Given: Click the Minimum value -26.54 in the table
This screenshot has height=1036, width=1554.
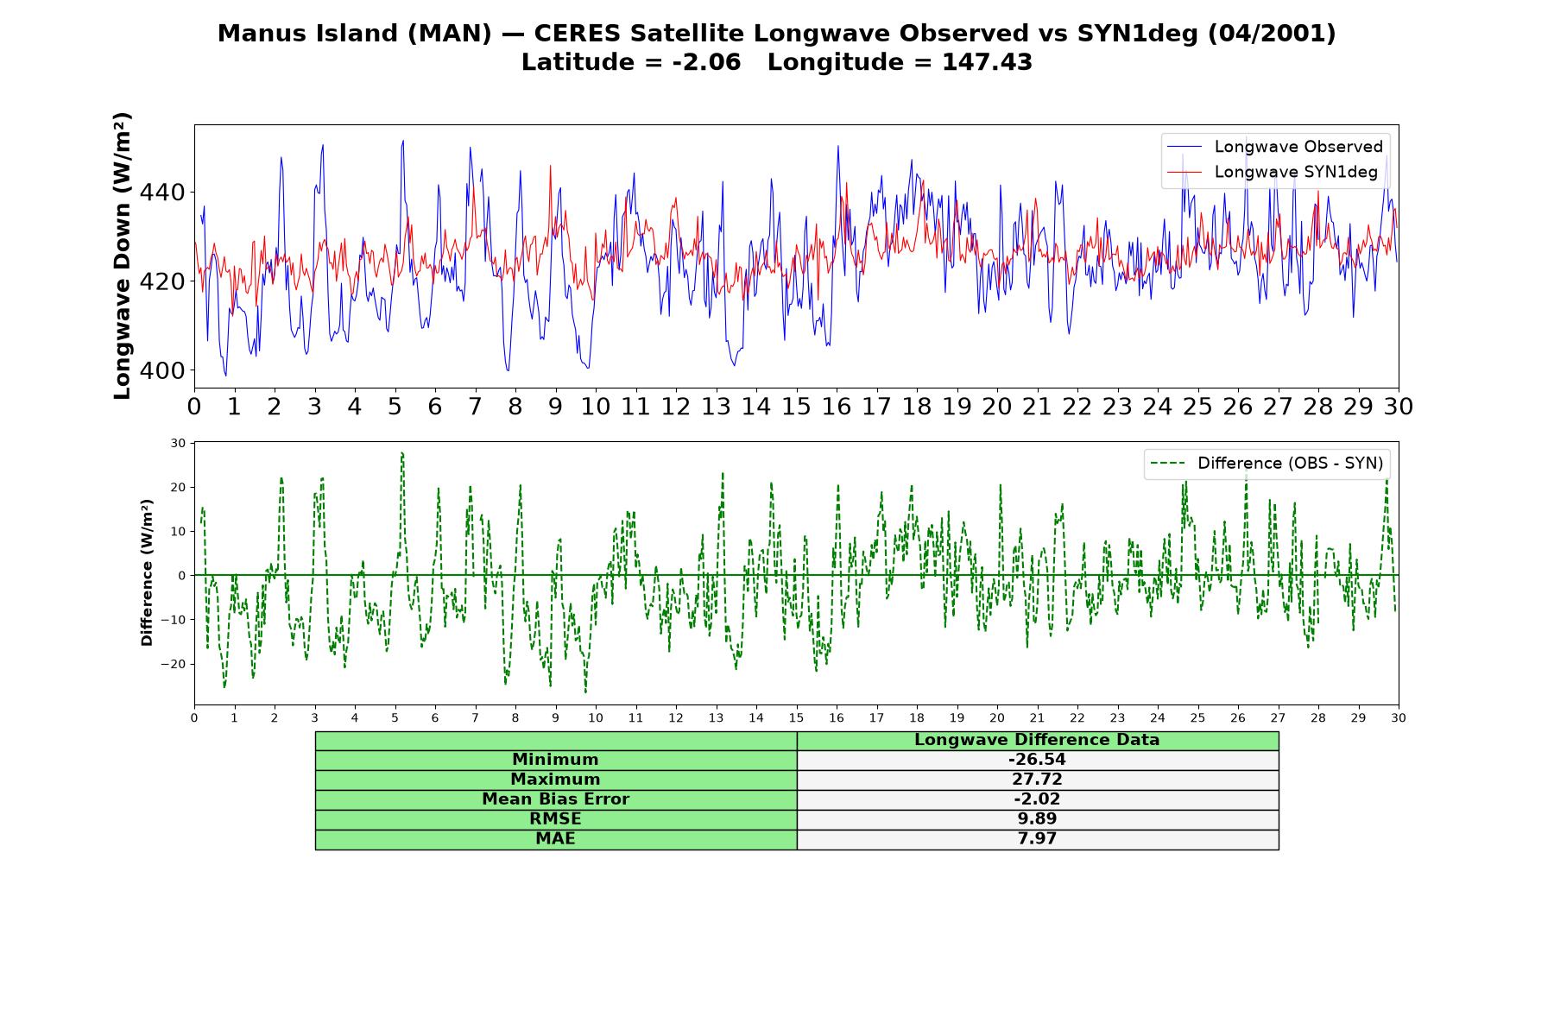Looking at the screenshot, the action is tap(1037, 760).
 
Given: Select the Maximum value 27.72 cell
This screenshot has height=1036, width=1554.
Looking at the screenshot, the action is tap(1037, 780).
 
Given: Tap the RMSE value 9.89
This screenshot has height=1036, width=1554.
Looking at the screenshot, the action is tap(1037, 819).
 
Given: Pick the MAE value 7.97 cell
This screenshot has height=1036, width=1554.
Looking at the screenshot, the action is tap(1037, 839).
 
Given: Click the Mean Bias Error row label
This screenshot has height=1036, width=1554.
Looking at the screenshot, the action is tap(555, 799).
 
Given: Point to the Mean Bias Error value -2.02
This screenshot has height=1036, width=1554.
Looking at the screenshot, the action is tap(1037, 799).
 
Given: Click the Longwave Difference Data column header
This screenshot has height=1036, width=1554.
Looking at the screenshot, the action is tap(1037, 740).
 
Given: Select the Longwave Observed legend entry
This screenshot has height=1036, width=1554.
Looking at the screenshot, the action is tap(1275, 147).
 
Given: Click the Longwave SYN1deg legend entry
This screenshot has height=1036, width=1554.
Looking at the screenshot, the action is tap(1273, 172).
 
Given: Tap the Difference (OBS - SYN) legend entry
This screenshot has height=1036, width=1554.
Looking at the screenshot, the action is tap(1267, 464).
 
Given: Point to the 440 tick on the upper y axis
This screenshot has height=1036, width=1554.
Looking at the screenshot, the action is tap(162, 193).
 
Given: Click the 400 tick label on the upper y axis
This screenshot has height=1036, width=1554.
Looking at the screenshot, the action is tap(162, 370).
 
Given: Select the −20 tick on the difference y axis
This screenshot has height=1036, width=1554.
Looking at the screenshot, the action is tap(173, 664).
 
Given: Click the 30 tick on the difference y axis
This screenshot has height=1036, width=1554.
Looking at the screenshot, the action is tap(178, 444).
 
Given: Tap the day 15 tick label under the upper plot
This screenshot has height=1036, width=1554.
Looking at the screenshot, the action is tap(796, 406).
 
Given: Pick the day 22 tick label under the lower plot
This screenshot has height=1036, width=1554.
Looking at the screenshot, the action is tap(1077, 718).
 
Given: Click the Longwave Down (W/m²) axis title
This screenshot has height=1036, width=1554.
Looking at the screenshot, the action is tap(123, 256).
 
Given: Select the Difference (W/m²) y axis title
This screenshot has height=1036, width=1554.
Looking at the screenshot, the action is tap(147, 572).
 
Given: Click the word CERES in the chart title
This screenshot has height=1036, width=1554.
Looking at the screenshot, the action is tap(578, 34).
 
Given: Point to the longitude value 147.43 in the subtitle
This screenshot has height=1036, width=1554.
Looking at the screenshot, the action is tap(987, 62).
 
